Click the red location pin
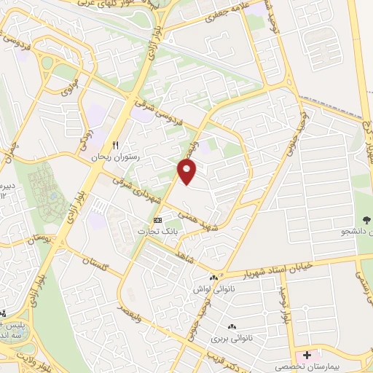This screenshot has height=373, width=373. (188, 171)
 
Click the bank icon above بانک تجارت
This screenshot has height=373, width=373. (157, 220)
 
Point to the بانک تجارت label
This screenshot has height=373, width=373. (157, 230)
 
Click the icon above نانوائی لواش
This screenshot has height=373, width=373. (213, 278)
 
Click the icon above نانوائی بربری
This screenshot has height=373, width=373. (232, 328)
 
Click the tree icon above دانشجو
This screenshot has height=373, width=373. (366, 220)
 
